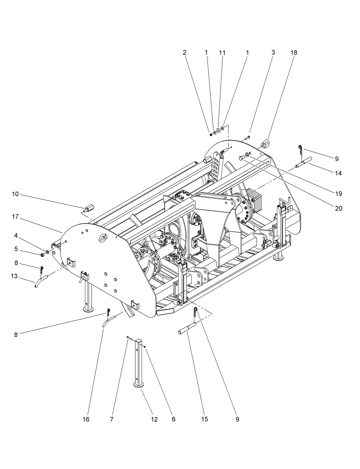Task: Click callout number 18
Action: coord(294,53)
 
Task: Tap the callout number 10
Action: coord(15,194)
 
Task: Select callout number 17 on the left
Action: coord(15,217)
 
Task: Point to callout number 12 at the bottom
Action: coord(154,419)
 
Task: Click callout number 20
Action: coord(339,208)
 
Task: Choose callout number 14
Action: coord(339,173)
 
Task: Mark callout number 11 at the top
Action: coord(222,53)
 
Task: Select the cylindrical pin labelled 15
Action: coord(186,328)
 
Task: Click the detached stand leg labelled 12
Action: coord(139,363)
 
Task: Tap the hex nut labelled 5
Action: coord(42,254)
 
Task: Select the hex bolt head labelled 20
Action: coord(241,158)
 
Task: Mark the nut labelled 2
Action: coord(211,134)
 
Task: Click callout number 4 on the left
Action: coord(16,236)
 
